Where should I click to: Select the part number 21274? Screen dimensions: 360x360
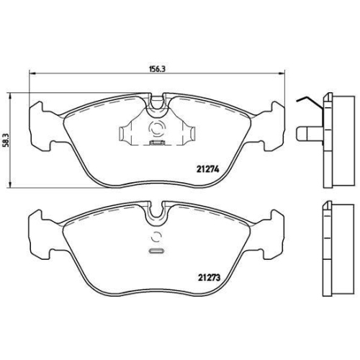207,170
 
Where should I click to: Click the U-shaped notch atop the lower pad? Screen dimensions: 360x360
157,213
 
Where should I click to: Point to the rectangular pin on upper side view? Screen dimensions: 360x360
307,134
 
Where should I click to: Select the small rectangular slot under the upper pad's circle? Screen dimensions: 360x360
154,143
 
